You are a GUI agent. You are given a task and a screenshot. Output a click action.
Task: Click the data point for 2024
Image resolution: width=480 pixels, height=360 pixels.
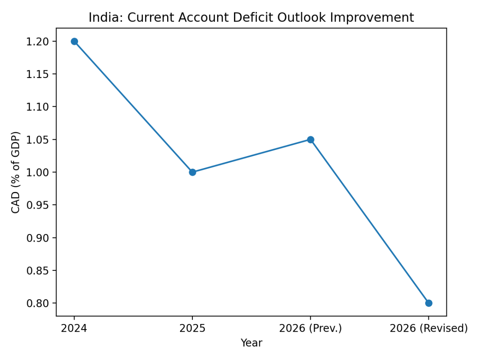pos(74,41)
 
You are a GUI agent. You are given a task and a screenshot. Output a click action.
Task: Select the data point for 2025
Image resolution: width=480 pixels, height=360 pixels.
pos(192,172)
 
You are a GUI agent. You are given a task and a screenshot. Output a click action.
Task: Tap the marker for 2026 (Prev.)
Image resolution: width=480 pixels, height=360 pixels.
pos(310,140)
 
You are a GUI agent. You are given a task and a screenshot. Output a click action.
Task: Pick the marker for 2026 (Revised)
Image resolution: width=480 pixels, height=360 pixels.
pos(428,303)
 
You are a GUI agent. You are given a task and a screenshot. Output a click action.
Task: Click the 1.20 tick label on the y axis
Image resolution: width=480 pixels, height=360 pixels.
pos(38,42)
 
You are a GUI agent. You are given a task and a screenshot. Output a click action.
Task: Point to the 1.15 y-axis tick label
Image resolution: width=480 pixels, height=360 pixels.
pos(38,74)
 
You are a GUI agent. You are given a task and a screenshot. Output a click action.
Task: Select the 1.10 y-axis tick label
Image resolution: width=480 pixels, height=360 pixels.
pos(38,107)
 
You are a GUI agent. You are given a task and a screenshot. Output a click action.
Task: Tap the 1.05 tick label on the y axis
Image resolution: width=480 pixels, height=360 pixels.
pos(38,140)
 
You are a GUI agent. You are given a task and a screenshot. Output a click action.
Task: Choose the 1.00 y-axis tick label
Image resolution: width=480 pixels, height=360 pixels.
pos(38,172)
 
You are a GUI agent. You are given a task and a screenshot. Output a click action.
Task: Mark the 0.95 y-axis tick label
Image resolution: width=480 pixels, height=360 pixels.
pos(38,205)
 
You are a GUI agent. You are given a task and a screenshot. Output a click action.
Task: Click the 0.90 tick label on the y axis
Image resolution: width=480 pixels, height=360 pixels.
pos(38,238)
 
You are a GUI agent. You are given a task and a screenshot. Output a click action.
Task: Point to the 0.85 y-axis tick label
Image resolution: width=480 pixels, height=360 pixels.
pos(38,271)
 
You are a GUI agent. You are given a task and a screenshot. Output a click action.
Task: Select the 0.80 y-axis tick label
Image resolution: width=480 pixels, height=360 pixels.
pos(38,303)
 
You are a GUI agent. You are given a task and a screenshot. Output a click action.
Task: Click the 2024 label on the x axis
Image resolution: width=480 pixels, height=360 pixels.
pos(74,328)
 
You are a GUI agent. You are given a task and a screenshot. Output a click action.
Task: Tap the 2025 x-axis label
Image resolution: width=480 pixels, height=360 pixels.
pos(192,328)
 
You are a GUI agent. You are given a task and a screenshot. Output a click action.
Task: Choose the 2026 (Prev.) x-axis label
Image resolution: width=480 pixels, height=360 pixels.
pos(310,328)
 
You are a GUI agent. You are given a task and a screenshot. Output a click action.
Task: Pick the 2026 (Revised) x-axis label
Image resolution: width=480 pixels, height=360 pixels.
pos(428,328)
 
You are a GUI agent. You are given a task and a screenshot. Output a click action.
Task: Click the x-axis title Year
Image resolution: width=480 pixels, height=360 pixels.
pos(251,343)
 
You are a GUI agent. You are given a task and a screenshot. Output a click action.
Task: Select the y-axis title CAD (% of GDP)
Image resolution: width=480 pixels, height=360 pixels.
pos(16,172)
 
